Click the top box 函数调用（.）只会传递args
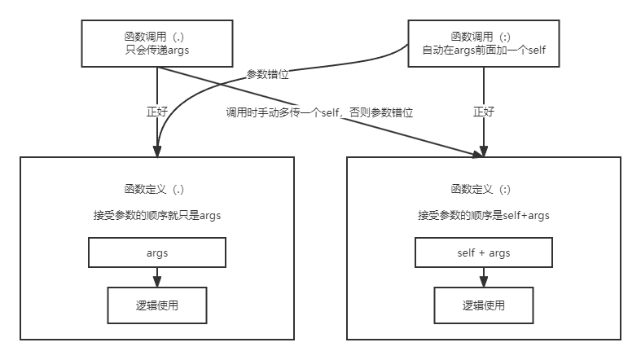point(156,44)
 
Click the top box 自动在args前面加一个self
point(484,44)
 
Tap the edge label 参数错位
point(267,73)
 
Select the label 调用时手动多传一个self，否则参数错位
point(319,113)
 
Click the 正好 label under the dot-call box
point(157,112)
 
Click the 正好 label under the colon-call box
point(484,112)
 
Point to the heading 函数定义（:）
point(484,189)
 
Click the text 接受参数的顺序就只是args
point(157,216)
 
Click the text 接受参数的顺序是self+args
point(484,216)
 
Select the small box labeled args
point(157,252)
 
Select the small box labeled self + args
point(484,252)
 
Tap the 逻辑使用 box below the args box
point(157,305)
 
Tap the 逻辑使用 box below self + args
point(484,305)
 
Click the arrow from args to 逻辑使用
point(157,277)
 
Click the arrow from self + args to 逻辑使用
point(484,277)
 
